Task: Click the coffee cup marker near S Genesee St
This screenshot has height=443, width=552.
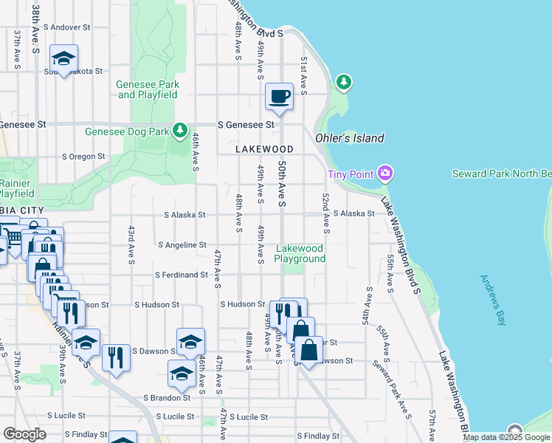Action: pos(280,97)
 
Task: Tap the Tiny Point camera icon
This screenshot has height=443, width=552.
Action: pos(384,174)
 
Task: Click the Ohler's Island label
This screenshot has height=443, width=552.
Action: pos(350,138)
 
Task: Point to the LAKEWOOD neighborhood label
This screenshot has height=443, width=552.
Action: pos(264,149)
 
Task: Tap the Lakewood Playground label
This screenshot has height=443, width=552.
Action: pos(300,253)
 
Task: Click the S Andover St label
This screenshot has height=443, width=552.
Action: pos(66,27)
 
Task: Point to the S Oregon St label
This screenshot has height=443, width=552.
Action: pos(83,157)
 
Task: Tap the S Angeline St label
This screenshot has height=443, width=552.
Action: pos(182,244)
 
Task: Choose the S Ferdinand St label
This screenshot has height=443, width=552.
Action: pos(181,275)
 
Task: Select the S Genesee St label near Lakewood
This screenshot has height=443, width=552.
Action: pos(246,125)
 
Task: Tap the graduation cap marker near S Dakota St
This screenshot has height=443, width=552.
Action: pos(64,58)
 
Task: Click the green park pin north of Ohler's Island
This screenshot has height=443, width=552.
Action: pos(343,82)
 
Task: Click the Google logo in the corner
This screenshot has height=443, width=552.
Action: pos(24,434)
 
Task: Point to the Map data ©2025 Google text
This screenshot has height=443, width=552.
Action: pos(506,437)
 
